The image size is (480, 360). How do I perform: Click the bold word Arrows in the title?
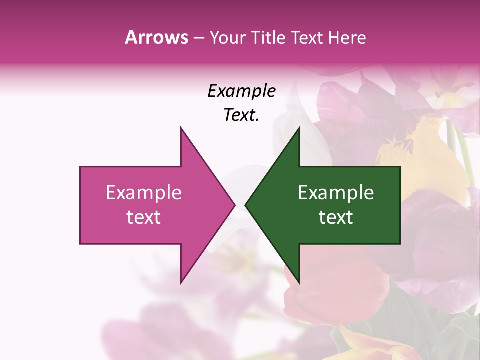[156, 37]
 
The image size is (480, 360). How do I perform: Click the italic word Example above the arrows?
[241, 91]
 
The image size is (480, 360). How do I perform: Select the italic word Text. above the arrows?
[241, 115]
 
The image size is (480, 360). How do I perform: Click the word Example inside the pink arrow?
[144, 192]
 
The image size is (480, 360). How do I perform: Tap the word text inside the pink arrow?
[144, 217]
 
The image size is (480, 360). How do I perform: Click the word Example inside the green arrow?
[336, 192]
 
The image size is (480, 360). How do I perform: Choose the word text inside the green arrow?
[336, 217]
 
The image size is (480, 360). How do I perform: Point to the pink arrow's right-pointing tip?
[234, 205]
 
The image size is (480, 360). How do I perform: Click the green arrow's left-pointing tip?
[246, 205]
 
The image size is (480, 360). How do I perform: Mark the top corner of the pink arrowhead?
[181, 128]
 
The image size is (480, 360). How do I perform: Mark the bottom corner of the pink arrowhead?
[181, 283]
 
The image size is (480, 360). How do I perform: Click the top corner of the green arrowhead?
[299, 128]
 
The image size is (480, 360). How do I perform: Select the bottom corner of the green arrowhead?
[299, 283]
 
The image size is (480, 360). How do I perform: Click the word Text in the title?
[306, 38]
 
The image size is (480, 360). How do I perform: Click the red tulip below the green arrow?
[340, 290]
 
